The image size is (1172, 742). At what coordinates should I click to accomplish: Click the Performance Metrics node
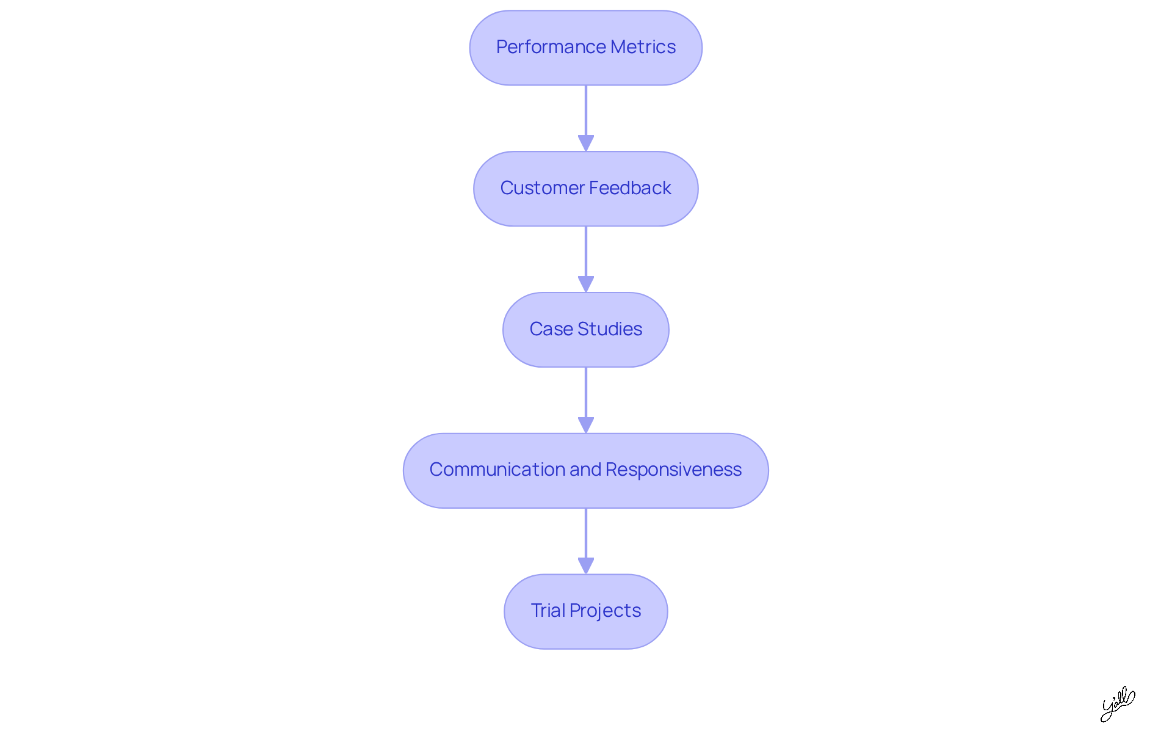586,48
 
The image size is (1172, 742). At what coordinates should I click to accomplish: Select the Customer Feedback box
586,189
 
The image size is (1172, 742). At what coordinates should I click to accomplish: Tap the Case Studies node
586,330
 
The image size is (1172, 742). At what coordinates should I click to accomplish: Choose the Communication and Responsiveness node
586,471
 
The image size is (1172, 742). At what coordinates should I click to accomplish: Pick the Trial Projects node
586,611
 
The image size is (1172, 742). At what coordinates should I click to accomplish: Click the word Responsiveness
673,470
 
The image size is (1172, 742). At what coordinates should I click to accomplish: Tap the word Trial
548,611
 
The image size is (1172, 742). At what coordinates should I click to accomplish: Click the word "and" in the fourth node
585,470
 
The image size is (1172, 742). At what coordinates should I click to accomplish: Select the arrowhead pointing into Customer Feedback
586,143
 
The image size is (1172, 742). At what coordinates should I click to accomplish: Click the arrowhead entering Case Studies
586,284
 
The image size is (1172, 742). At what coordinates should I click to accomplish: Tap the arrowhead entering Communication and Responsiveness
586,425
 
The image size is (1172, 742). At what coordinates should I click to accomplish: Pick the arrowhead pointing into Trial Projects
586,566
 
